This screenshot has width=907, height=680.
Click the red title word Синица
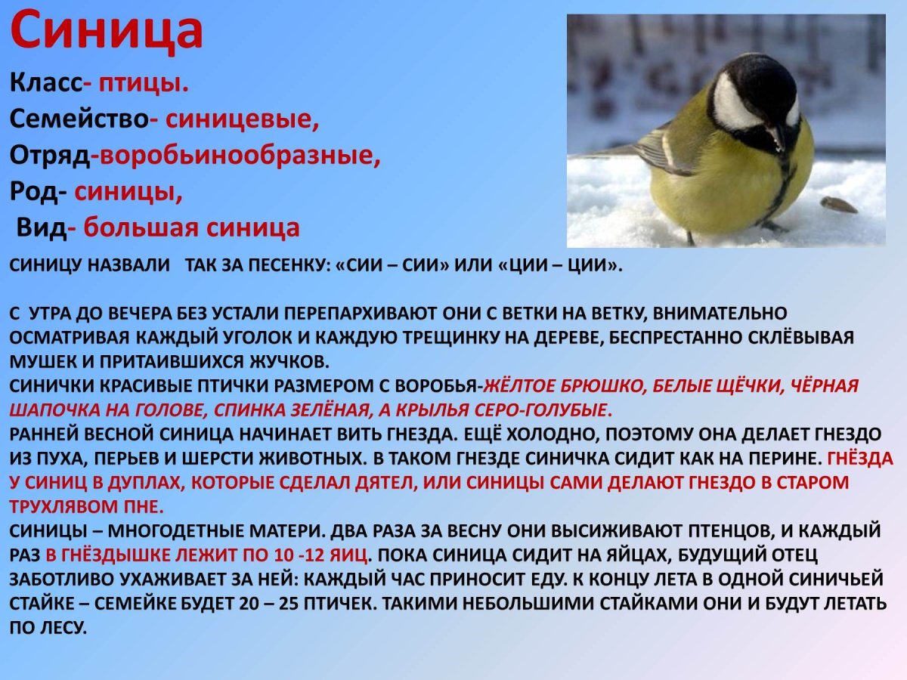coord(107,32)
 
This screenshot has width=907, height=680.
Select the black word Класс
coord(45,84)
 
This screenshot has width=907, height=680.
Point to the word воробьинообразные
coord(239,155)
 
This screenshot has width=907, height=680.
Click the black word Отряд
coord(50,155)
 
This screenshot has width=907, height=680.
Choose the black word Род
coord(35,191)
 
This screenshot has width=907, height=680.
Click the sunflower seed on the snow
coord(838,204)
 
